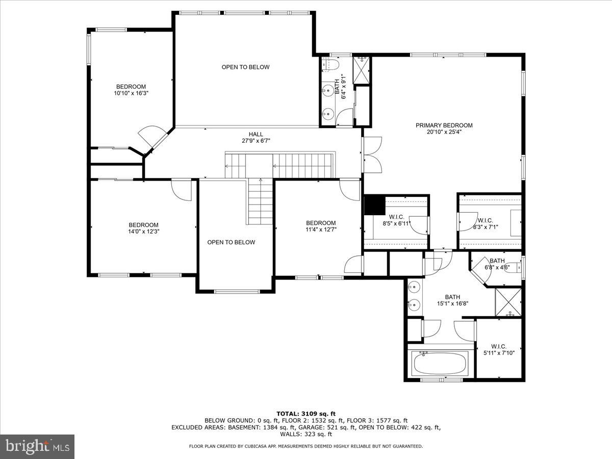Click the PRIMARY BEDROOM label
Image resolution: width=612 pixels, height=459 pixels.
444,125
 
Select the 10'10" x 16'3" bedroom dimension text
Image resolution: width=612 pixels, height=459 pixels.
131,93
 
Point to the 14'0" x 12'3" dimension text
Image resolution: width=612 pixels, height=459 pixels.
143,232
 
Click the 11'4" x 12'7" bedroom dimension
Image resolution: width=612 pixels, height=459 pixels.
321,229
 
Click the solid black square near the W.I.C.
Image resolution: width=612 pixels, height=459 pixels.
374,206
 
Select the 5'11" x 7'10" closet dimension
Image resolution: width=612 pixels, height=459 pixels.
499,353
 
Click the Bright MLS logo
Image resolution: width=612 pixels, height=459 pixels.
37,447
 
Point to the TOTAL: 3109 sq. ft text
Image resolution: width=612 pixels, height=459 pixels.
306,414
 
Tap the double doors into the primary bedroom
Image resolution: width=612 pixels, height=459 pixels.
371,155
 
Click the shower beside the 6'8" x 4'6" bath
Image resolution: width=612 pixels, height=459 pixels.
508,302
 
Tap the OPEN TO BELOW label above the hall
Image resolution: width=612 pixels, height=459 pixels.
245,67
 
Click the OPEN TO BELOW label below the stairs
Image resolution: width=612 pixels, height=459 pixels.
231,242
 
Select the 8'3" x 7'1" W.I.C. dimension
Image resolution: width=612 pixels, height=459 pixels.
484,227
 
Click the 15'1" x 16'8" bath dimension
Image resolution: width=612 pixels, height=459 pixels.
452,303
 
